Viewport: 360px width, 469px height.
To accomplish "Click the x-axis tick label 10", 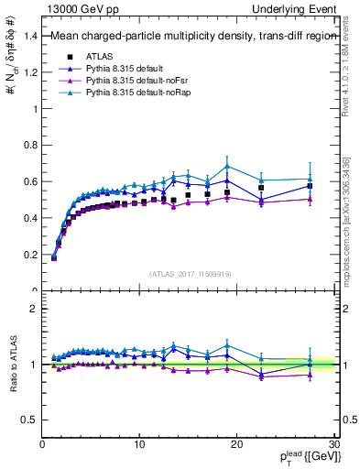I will pos(139,444).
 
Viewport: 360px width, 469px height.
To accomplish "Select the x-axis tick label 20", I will pos(236,444).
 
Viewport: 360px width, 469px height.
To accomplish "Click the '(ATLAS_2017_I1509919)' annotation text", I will pos(189,273).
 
